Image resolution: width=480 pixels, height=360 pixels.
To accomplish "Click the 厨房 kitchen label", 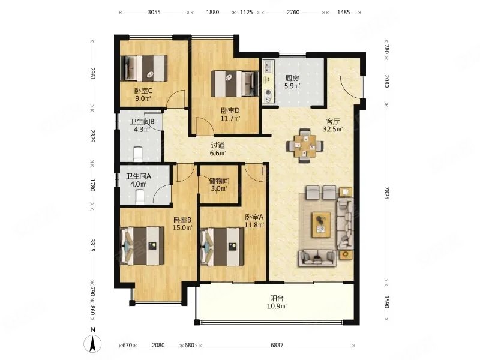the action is pos(292,78).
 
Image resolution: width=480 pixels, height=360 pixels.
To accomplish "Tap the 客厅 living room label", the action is pos(333,122).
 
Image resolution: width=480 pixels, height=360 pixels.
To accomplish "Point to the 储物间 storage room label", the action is pos(219,181).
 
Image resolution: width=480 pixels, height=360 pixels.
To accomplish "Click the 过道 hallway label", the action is pos(218,145).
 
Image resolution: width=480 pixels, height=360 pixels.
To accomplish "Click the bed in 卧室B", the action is pos(142,246).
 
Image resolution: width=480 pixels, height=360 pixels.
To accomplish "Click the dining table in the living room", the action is pos(304,146).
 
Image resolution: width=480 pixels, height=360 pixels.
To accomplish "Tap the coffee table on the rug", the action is pos(321,224).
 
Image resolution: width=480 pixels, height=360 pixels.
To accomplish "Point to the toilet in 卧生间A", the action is pos(140,197).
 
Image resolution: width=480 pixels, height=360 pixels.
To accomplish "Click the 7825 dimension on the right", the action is pos(386,193).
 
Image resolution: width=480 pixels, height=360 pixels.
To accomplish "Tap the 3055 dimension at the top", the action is pos(154,13).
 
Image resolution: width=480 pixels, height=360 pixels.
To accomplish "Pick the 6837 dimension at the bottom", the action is pos(277,346).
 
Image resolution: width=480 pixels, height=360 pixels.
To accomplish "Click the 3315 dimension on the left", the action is pos(93,245).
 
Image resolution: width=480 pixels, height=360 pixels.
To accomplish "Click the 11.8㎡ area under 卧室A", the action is pos(254,225).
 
